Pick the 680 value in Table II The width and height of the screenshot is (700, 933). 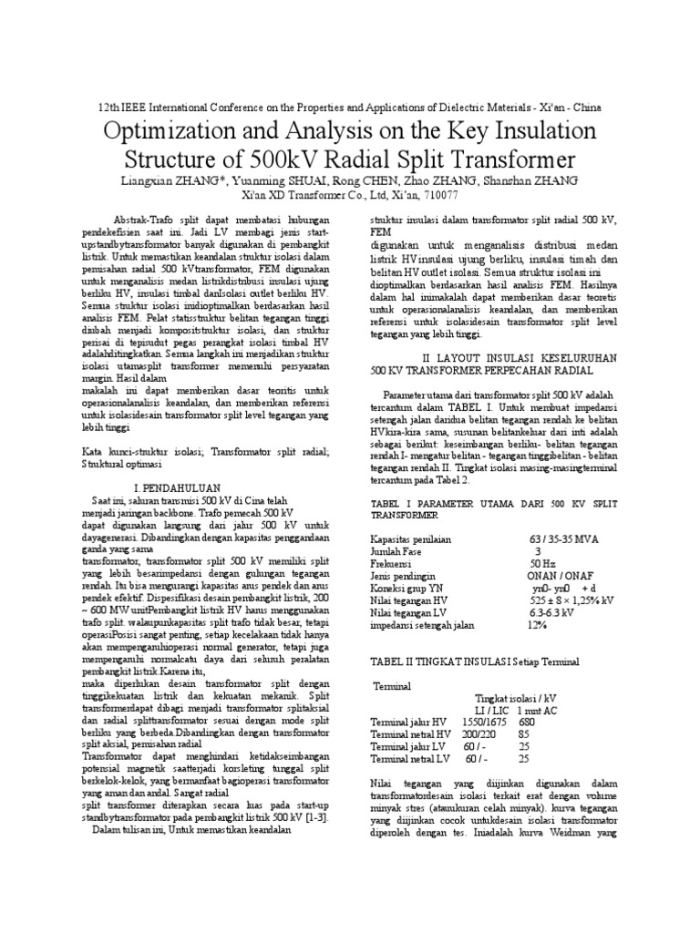pos(528,722)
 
